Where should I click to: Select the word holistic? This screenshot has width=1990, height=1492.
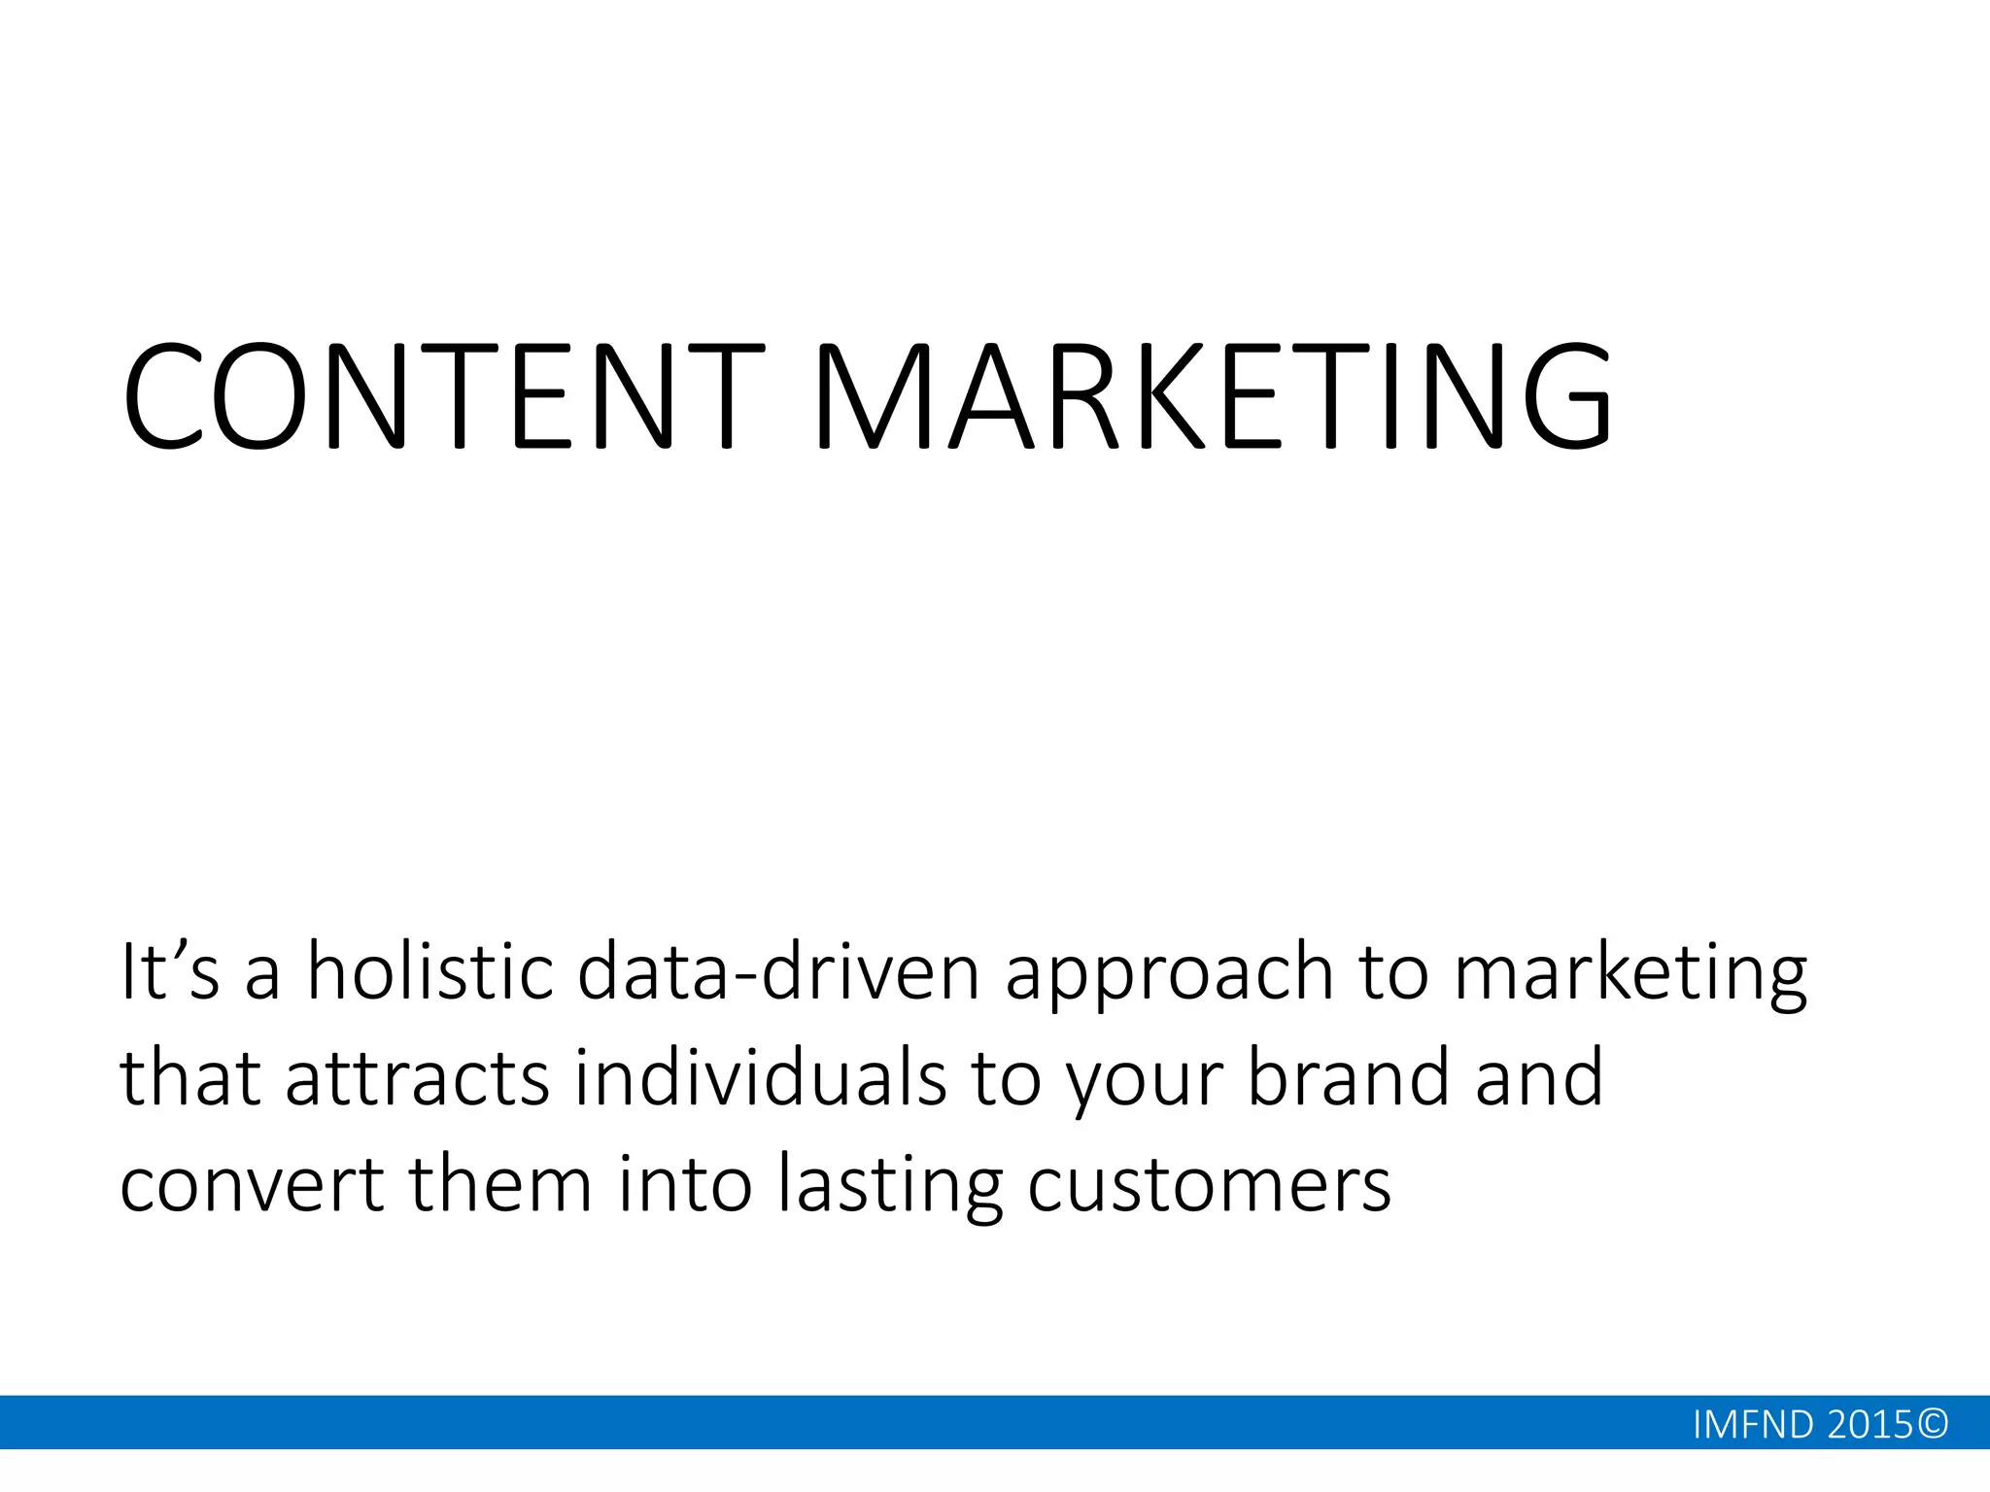point(429,971)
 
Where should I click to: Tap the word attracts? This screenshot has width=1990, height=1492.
point(419,1078)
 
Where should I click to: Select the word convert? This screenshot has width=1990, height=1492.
point(252,1185)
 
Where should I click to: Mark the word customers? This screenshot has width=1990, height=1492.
point(1209,1185)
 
